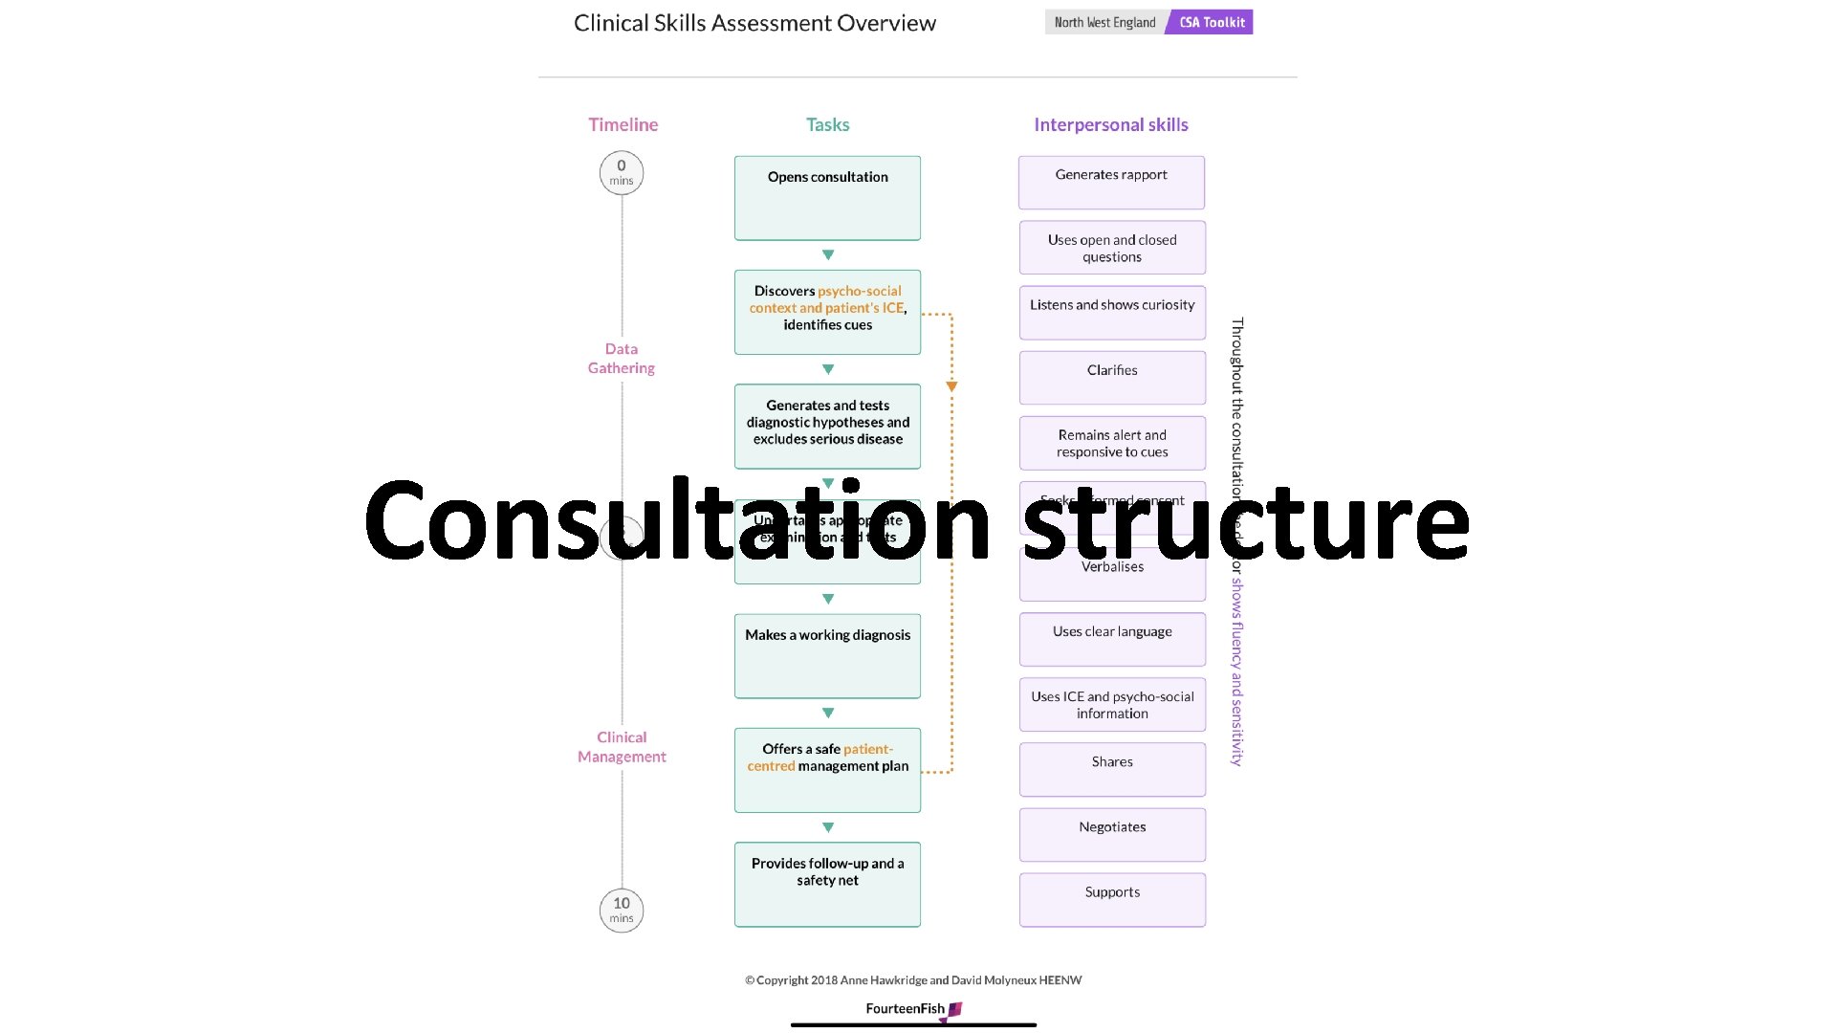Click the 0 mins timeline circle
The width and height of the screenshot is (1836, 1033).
click(622, 173)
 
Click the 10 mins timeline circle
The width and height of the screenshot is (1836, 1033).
click(622, 911)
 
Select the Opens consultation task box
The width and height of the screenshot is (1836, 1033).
click(827, 198)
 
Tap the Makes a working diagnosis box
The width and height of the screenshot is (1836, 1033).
click(827, 656)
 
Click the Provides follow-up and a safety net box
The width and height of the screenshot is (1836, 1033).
click(827, 885)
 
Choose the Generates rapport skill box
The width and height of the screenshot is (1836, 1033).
click(1111, 183)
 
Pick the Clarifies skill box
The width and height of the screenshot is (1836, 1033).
click(1112, 378)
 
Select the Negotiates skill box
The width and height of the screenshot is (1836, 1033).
click(1112, 835)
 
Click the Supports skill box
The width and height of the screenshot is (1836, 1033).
click(1112, 900)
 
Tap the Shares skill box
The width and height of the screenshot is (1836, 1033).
click(1112, 770)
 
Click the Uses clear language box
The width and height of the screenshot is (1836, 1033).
click(1112, 640)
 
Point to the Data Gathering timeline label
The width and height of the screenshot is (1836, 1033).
click(622, 359)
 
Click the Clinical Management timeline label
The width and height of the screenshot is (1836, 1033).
click(622, 747)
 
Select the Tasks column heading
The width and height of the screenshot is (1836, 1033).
click(827, 124)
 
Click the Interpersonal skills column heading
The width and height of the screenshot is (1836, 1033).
click(1111, 124)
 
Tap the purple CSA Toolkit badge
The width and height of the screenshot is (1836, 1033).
click(1211, 22)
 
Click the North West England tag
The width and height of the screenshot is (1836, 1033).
click(1104, 22)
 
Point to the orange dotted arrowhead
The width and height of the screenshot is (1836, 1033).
click(951, 386)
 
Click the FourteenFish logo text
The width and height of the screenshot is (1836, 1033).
click(906, 1008)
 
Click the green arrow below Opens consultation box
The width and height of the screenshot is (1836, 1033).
click(828, 255)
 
